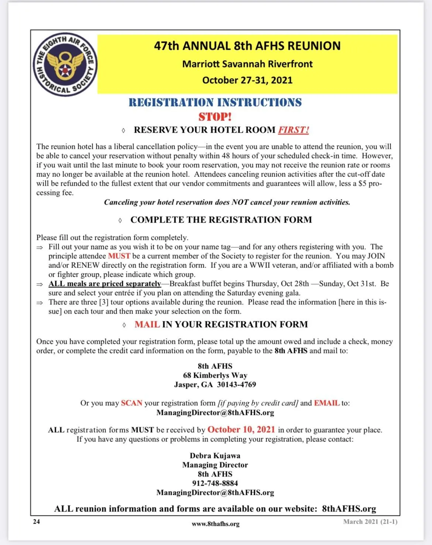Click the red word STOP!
tap(215, 117)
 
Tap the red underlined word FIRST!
tap(293, 130)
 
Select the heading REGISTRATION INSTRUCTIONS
tap(215, 102)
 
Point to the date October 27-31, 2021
tap(247, 80)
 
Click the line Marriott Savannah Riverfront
tap(247, 64)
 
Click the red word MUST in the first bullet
tap(119, 256)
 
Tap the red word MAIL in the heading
tap(147, 324)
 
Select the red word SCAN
tap(131, 403)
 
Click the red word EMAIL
tap(326, 403)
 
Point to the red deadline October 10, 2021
tap(241, 429)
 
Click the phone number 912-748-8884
tap(215, 483)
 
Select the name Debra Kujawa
tap(215, 456)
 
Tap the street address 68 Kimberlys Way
tap(215, 375)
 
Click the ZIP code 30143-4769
tap(236, 384)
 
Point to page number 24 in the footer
tap(36, 521)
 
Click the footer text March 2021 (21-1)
tap(370, 521)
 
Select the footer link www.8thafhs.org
tap(215, 524)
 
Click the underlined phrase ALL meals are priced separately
tap(104, 284)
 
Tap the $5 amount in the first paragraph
tap(363, 184)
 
